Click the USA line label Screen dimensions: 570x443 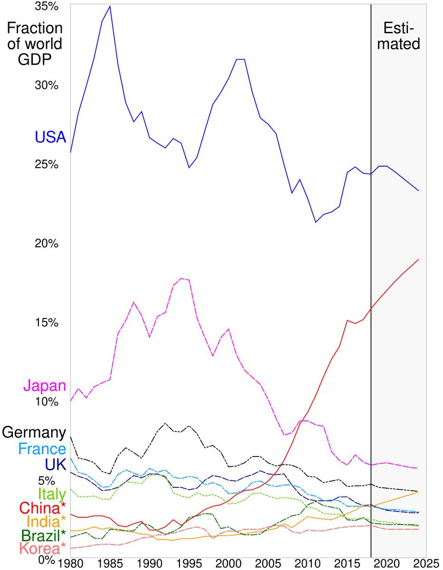click(50, 138)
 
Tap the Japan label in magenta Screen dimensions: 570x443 click(45, 385)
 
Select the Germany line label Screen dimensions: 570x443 click(34, 433)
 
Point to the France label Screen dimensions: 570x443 click(41, 449)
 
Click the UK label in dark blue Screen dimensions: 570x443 click(55, 464)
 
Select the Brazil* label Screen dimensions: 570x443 click(43, 535)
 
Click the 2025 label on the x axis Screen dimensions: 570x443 click(424, 564)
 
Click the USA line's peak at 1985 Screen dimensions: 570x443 click(110, 7)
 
